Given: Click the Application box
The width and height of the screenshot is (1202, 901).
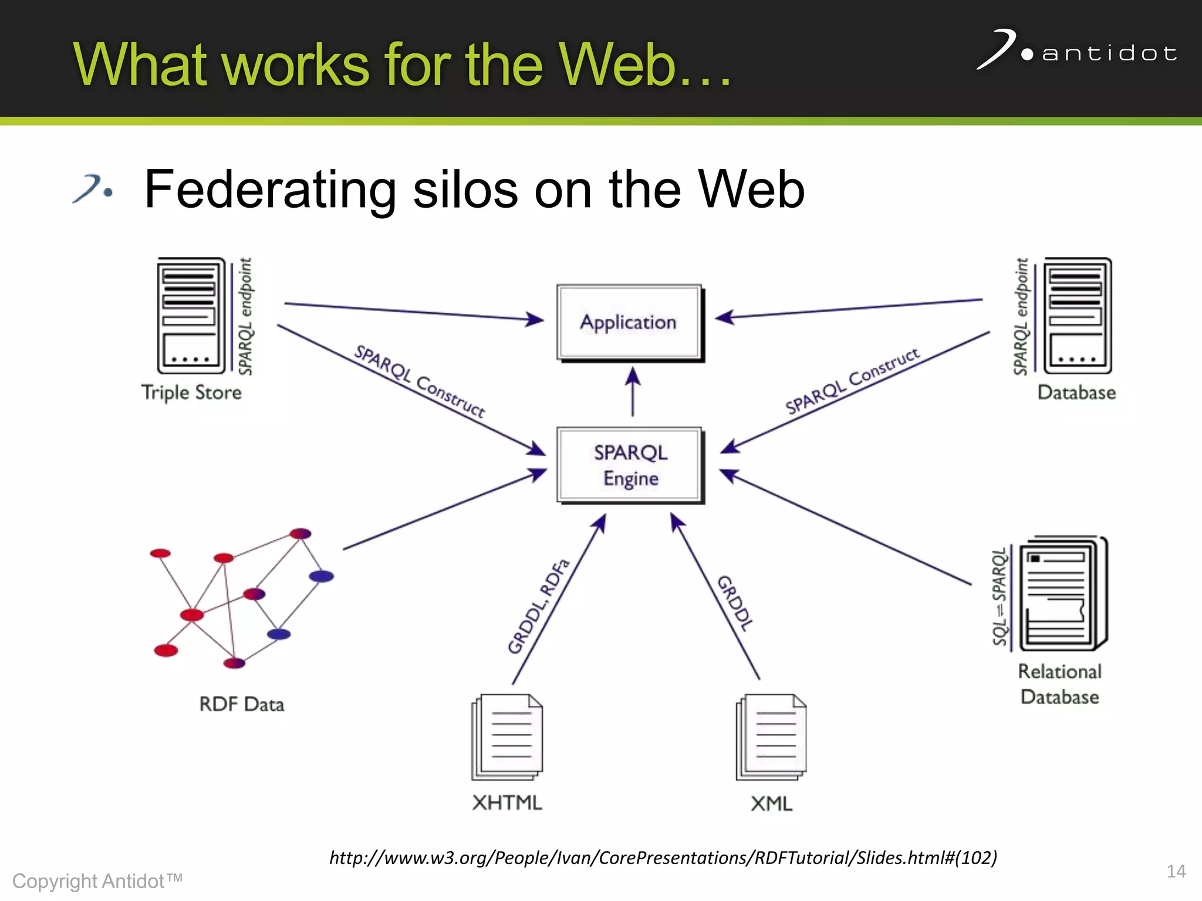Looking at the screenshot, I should point(629,322).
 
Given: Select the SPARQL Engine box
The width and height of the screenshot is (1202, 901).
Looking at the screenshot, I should point(630,465).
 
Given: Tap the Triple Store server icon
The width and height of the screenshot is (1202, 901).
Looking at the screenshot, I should point(191,316).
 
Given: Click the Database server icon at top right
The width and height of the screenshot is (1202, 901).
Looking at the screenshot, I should point(1077,316).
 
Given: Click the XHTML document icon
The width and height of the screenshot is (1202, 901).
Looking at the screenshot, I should point(507,737).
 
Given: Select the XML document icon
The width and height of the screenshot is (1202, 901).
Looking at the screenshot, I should point(771,737).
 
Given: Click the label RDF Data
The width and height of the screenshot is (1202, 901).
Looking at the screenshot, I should point(241,704).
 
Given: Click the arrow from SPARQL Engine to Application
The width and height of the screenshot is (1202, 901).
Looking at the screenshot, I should point(632,392).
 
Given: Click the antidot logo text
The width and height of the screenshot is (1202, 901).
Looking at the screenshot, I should point(1109,53).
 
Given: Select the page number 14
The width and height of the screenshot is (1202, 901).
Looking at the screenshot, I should point(1176,871).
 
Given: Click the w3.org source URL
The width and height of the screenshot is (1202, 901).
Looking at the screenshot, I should point(663,858).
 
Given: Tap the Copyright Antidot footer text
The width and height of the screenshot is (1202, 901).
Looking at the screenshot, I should point(97,881).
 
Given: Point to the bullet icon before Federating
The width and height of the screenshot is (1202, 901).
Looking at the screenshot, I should point(93,189).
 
